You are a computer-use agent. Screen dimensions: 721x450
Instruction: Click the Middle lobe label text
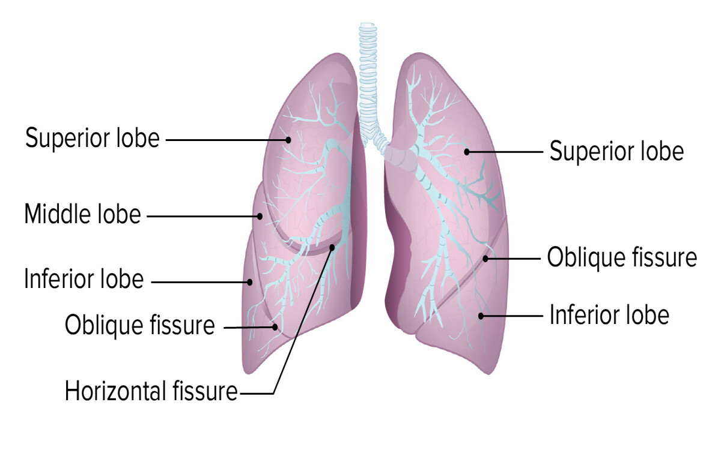[83, 214]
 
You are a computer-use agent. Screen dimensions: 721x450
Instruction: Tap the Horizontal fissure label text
[151, 391]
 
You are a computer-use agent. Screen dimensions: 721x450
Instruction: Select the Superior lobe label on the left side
[93, 138]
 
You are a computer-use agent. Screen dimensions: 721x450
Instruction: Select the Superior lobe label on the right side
[616, 151]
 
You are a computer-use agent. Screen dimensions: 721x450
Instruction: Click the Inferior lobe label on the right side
[610, 314]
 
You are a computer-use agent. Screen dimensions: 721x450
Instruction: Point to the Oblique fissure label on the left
[140, 326]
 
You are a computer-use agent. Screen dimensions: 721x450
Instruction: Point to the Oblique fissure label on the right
[622, 257]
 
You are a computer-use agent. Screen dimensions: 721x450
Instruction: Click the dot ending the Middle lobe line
[260, 217]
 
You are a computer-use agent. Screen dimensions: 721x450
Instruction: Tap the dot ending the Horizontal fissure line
[332, 247]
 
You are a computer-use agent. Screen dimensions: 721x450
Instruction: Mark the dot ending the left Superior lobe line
[288, 140]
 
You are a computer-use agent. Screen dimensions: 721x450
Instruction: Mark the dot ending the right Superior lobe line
[467, 152]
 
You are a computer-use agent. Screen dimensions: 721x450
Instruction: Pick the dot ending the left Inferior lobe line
[250, 282]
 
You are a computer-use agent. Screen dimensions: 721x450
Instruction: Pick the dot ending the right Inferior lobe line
[481, 316]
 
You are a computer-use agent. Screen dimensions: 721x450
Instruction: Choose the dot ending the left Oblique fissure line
[275, 327]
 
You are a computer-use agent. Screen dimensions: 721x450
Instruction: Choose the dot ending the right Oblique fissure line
[485, 259]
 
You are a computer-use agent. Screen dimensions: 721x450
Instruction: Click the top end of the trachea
[368, 24]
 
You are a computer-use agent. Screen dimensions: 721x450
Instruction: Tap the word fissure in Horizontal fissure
[205, 391]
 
